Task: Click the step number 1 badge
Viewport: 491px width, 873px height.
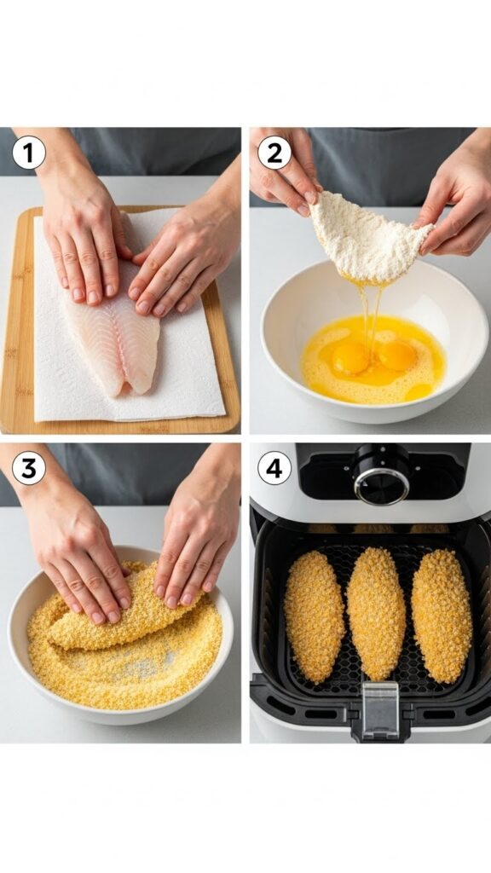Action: click(x=28, y=153)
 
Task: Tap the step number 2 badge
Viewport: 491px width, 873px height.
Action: click(x=274, y=153)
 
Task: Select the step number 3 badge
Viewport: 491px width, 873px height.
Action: click(x=28, y=469)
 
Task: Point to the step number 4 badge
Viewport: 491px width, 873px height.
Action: click(x=274, y=469)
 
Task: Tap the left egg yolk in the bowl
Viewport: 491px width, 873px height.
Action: click(x=350, y=359)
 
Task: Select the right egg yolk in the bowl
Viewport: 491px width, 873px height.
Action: click(x=397, y=355)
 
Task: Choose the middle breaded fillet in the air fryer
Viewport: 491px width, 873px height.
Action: click(x=376, y=613)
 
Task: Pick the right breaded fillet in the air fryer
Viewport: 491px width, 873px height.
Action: click(x=442, y=615)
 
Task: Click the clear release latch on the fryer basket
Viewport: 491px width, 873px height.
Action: click(x=380, y=708)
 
